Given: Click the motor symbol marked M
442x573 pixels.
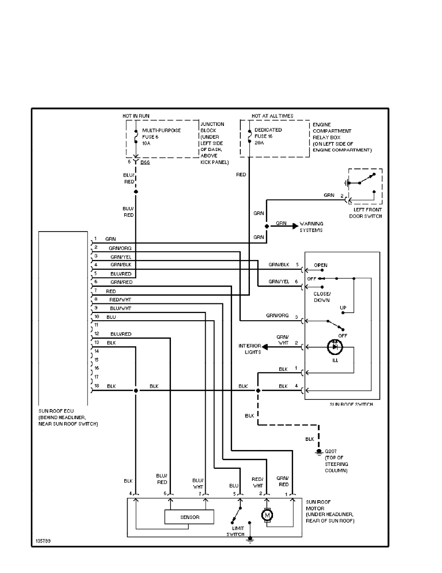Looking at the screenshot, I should coord(266,516).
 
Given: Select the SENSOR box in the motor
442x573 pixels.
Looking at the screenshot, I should coord(189,517).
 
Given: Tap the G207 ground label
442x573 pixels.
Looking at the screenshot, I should coord(332,451).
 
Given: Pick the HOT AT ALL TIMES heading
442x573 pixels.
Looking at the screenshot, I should coord(272,116).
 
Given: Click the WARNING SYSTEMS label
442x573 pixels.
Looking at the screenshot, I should coord(312,227).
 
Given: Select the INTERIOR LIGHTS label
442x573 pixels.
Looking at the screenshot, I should coord(249,349).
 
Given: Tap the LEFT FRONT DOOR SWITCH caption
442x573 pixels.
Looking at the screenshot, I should coord(365,213).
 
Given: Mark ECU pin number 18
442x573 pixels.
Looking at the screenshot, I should coord(96,386).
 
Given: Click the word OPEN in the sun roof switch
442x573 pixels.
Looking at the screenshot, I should coord(320,265).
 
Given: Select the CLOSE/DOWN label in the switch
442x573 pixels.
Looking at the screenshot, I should coord(322,297).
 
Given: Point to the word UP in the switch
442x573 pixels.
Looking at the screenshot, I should coord(343,307).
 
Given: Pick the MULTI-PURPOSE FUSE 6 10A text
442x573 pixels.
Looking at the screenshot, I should coord(155,136).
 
